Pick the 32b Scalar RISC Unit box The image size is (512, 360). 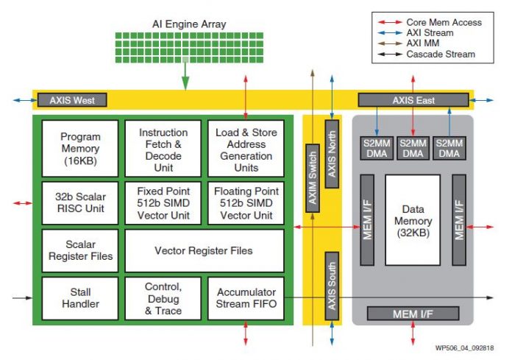tap(80, 201)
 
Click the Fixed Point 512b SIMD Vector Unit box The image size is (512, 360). tap(163, 201)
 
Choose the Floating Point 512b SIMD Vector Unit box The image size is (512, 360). tap(246, 201)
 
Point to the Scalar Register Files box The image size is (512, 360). tap(80, 250)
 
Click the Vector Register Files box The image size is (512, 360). tap(204, 250)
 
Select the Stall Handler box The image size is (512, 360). tap(80, 297)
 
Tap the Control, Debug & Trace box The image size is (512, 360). tap(163, 297)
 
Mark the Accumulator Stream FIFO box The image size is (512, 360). tap(246, 297)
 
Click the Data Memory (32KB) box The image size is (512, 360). tap(413, 219)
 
